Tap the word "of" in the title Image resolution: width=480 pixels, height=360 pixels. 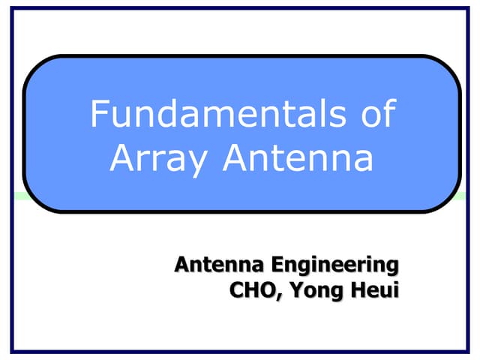pyautogui.click(x=376, y=115)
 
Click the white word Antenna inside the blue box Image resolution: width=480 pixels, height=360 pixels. pyautogui.click(x=298, y=158)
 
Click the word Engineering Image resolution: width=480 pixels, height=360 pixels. pyautogui.click(x=334, y=264)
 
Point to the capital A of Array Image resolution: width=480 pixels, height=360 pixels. pyautogui.click(x=122, y=158)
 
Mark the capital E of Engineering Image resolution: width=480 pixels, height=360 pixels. pyautogui.click(x=277, y=264)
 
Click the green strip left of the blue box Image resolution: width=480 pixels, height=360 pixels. pyautogui.click(x=19, y=196)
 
